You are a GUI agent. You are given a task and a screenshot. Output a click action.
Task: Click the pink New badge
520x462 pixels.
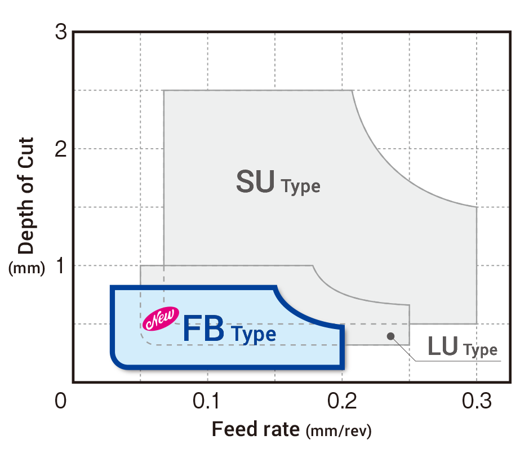click(162, 319)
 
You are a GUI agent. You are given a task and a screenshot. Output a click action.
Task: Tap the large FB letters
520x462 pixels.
click(203, 330)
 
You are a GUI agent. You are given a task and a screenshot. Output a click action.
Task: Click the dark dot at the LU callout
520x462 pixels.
click(390, 336)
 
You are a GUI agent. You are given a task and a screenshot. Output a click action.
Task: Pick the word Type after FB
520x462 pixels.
click(255, 334)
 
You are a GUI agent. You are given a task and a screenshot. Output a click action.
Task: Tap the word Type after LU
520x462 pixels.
click(481, 350)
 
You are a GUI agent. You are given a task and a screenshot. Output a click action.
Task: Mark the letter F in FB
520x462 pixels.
click(192, 330)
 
